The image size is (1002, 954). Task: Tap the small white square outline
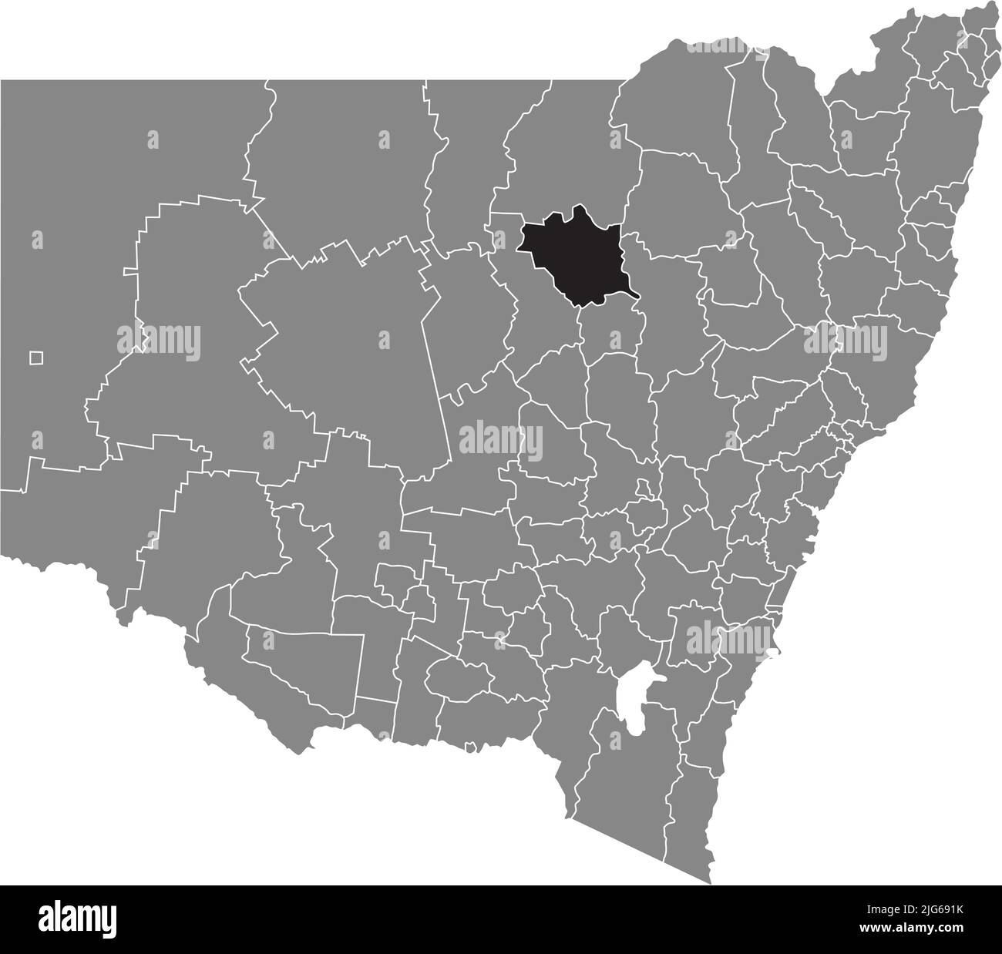pos(35,358)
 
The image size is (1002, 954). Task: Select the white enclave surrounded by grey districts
pos(639,693)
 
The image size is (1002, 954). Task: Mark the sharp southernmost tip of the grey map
pos(708,883)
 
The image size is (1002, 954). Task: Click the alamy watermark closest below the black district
pos(614,338)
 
